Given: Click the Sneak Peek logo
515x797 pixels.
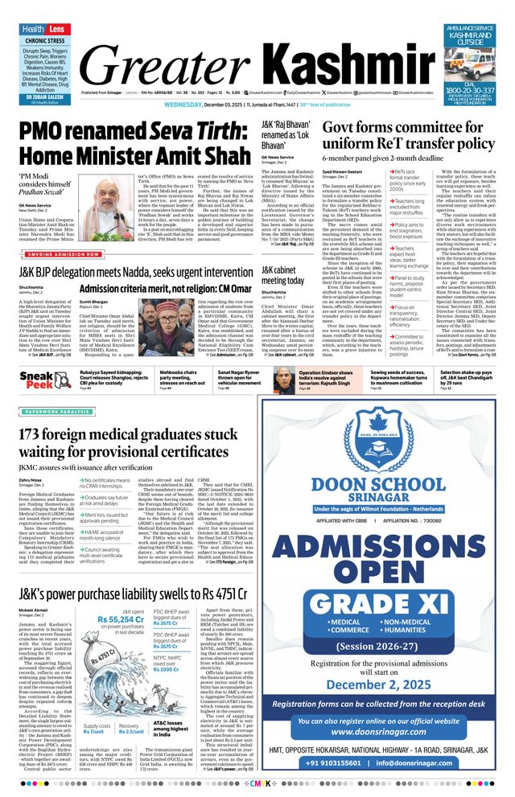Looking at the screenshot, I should click(x=38, y=380).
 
